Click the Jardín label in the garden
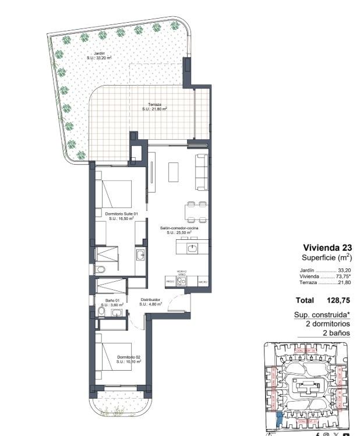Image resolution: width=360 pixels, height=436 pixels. (98, 55)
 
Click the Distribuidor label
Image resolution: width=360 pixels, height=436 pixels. (149, 302)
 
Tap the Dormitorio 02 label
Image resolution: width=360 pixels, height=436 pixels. (129, 359)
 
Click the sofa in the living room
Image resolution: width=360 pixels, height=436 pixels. (201, 172)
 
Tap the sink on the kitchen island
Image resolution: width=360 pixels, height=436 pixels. (192, 249)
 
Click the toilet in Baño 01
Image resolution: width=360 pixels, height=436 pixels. (101, 313)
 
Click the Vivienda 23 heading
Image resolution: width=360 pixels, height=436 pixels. (327, 247)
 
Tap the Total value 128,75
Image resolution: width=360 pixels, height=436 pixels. (340, 301)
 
